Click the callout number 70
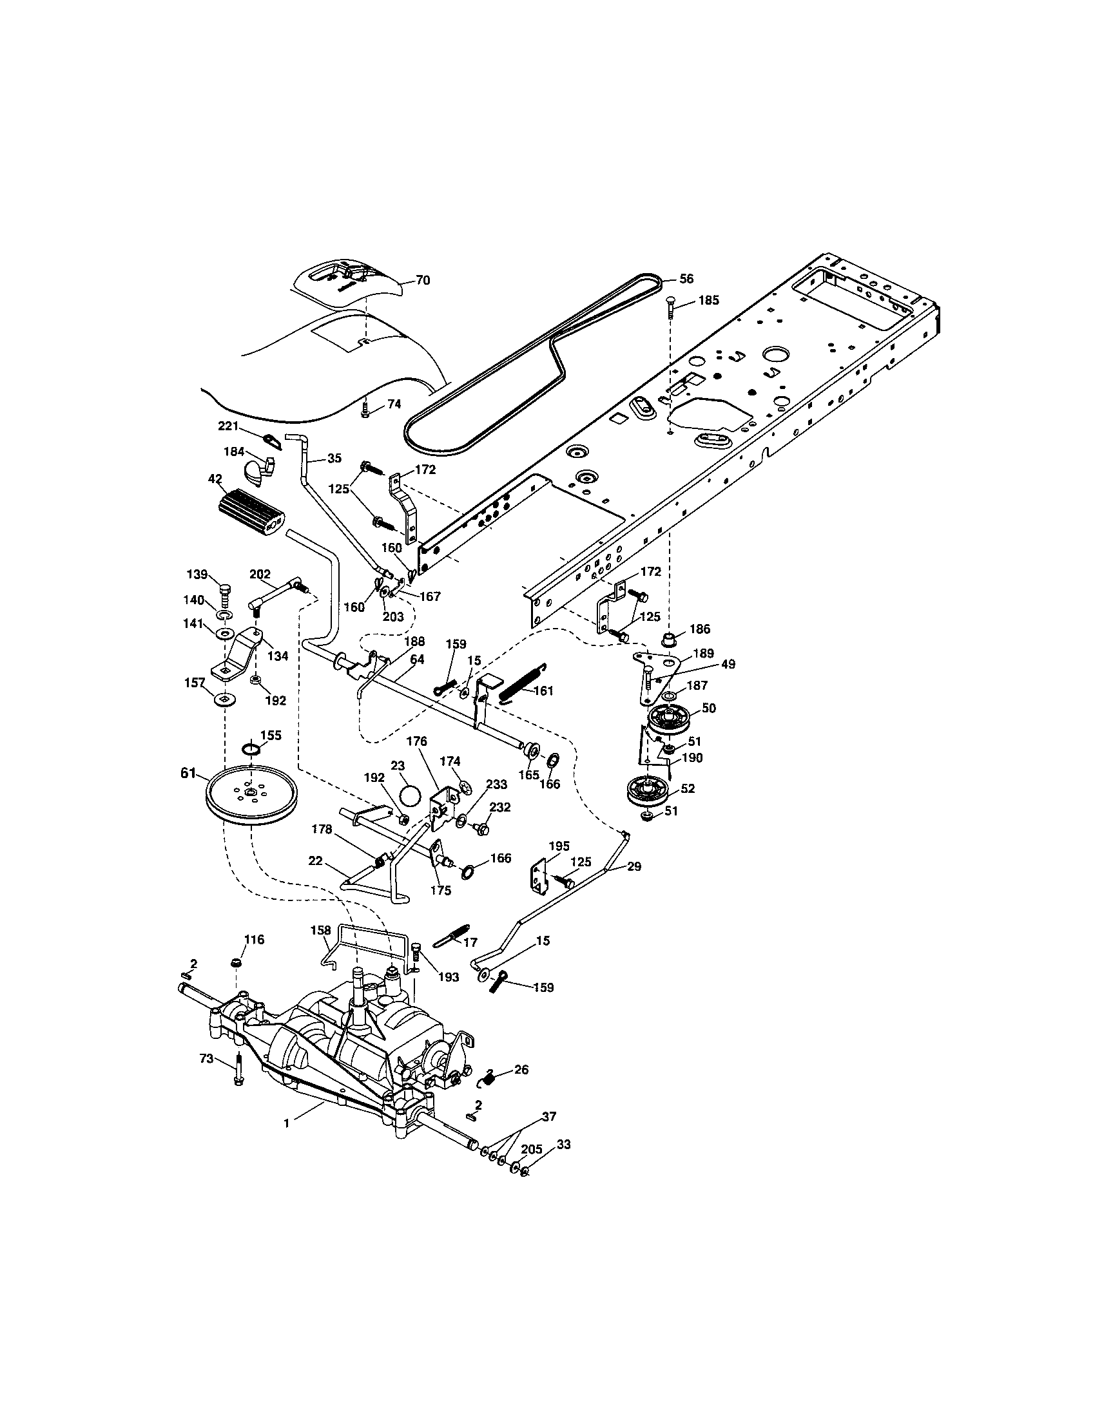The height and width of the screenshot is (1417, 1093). point(423,280)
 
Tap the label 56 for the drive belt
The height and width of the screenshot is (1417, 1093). point(687,279)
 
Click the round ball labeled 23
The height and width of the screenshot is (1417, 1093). point(408,795)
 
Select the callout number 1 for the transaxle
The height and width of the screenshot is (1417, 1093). point(286,1123)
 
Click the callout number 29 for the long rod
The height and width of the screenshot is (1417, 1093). point(634,866)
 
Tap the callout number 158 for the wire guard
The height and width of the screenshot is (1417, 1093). point(321,931)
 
